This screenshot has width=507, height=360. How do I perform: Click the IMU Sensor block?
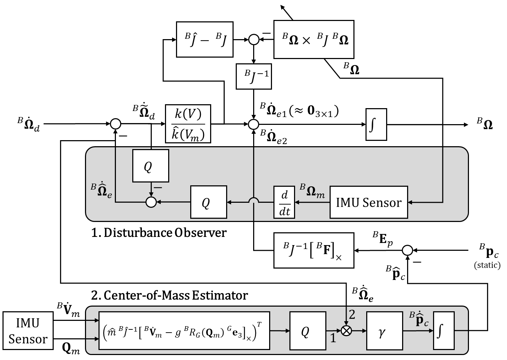pos(369,202)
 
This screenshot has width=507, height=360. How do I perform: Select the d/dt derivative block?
pos(284,202)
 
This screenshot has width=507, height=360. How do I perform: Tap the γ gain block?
pos(384,331)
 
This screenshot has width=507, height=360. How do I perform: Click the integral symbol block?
pos(443,331)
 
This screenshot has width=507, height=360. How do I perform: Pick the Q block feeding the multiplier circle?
pos(308,331)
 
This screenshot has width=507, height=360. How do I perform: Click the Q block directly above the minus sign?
pos(150,166)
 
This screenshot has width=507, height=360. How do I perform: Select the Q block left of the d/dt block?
pos(208,202)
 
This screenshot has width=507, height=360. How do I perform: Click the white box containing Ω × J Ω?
pos(314,39)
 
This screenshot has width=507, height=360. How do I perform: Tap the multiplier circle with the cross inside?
pos(346,331)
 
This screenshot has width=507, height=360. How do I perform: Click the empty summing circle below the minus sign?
pos(151,202)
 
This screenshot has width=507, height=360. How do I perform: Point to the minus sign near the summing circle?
pos(158,187)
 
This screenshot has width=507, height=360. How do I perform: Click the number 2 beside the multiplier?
pos(352,314)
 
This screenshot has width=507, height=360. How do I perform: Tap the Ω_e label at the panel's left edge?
pos(102,191)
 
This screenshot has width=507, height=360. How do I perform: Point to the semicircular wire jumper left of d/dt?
pos(253,200)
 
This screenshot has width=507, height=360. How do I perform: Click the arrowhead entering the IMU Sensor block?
pos(410,202)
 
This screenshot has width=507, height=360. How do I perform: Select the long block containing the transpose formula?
pos(184,331)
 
